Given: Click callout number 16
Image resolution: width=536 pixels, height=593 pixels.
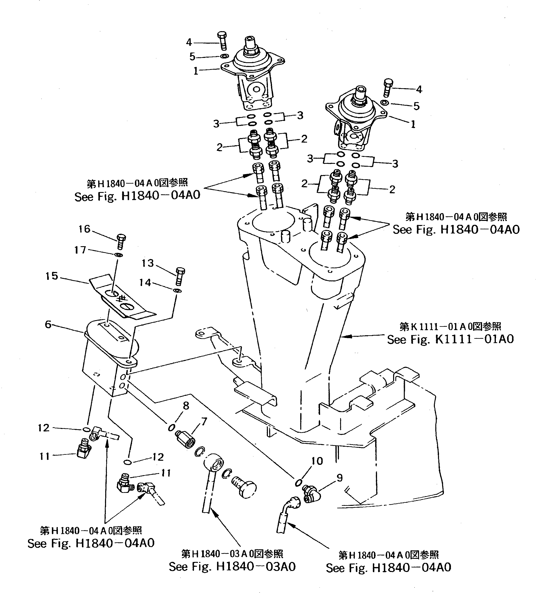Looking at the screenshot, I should pyautogui.click(x=84, y=229).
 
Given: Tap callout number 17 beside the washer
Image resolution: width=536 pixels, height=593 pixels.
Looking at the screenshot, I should pyautogui.click(x=80, y=250).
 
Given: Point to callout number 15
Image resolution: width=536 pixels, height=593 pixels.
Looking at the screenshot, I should pyautogui.click(x=52, y=276).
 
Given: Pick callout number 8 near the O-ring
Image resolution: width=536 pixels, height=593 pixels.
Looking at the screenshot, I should pyautogui.click(x=186, y=406).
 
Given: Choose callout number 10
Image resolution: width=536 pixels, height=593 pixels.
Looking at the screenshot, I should pyautogui.click(x=317, y=461).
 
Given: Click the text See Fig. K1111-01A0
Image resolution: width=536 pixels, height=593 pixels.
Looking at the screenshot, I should pyautogui.click(x=450, y=339).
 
